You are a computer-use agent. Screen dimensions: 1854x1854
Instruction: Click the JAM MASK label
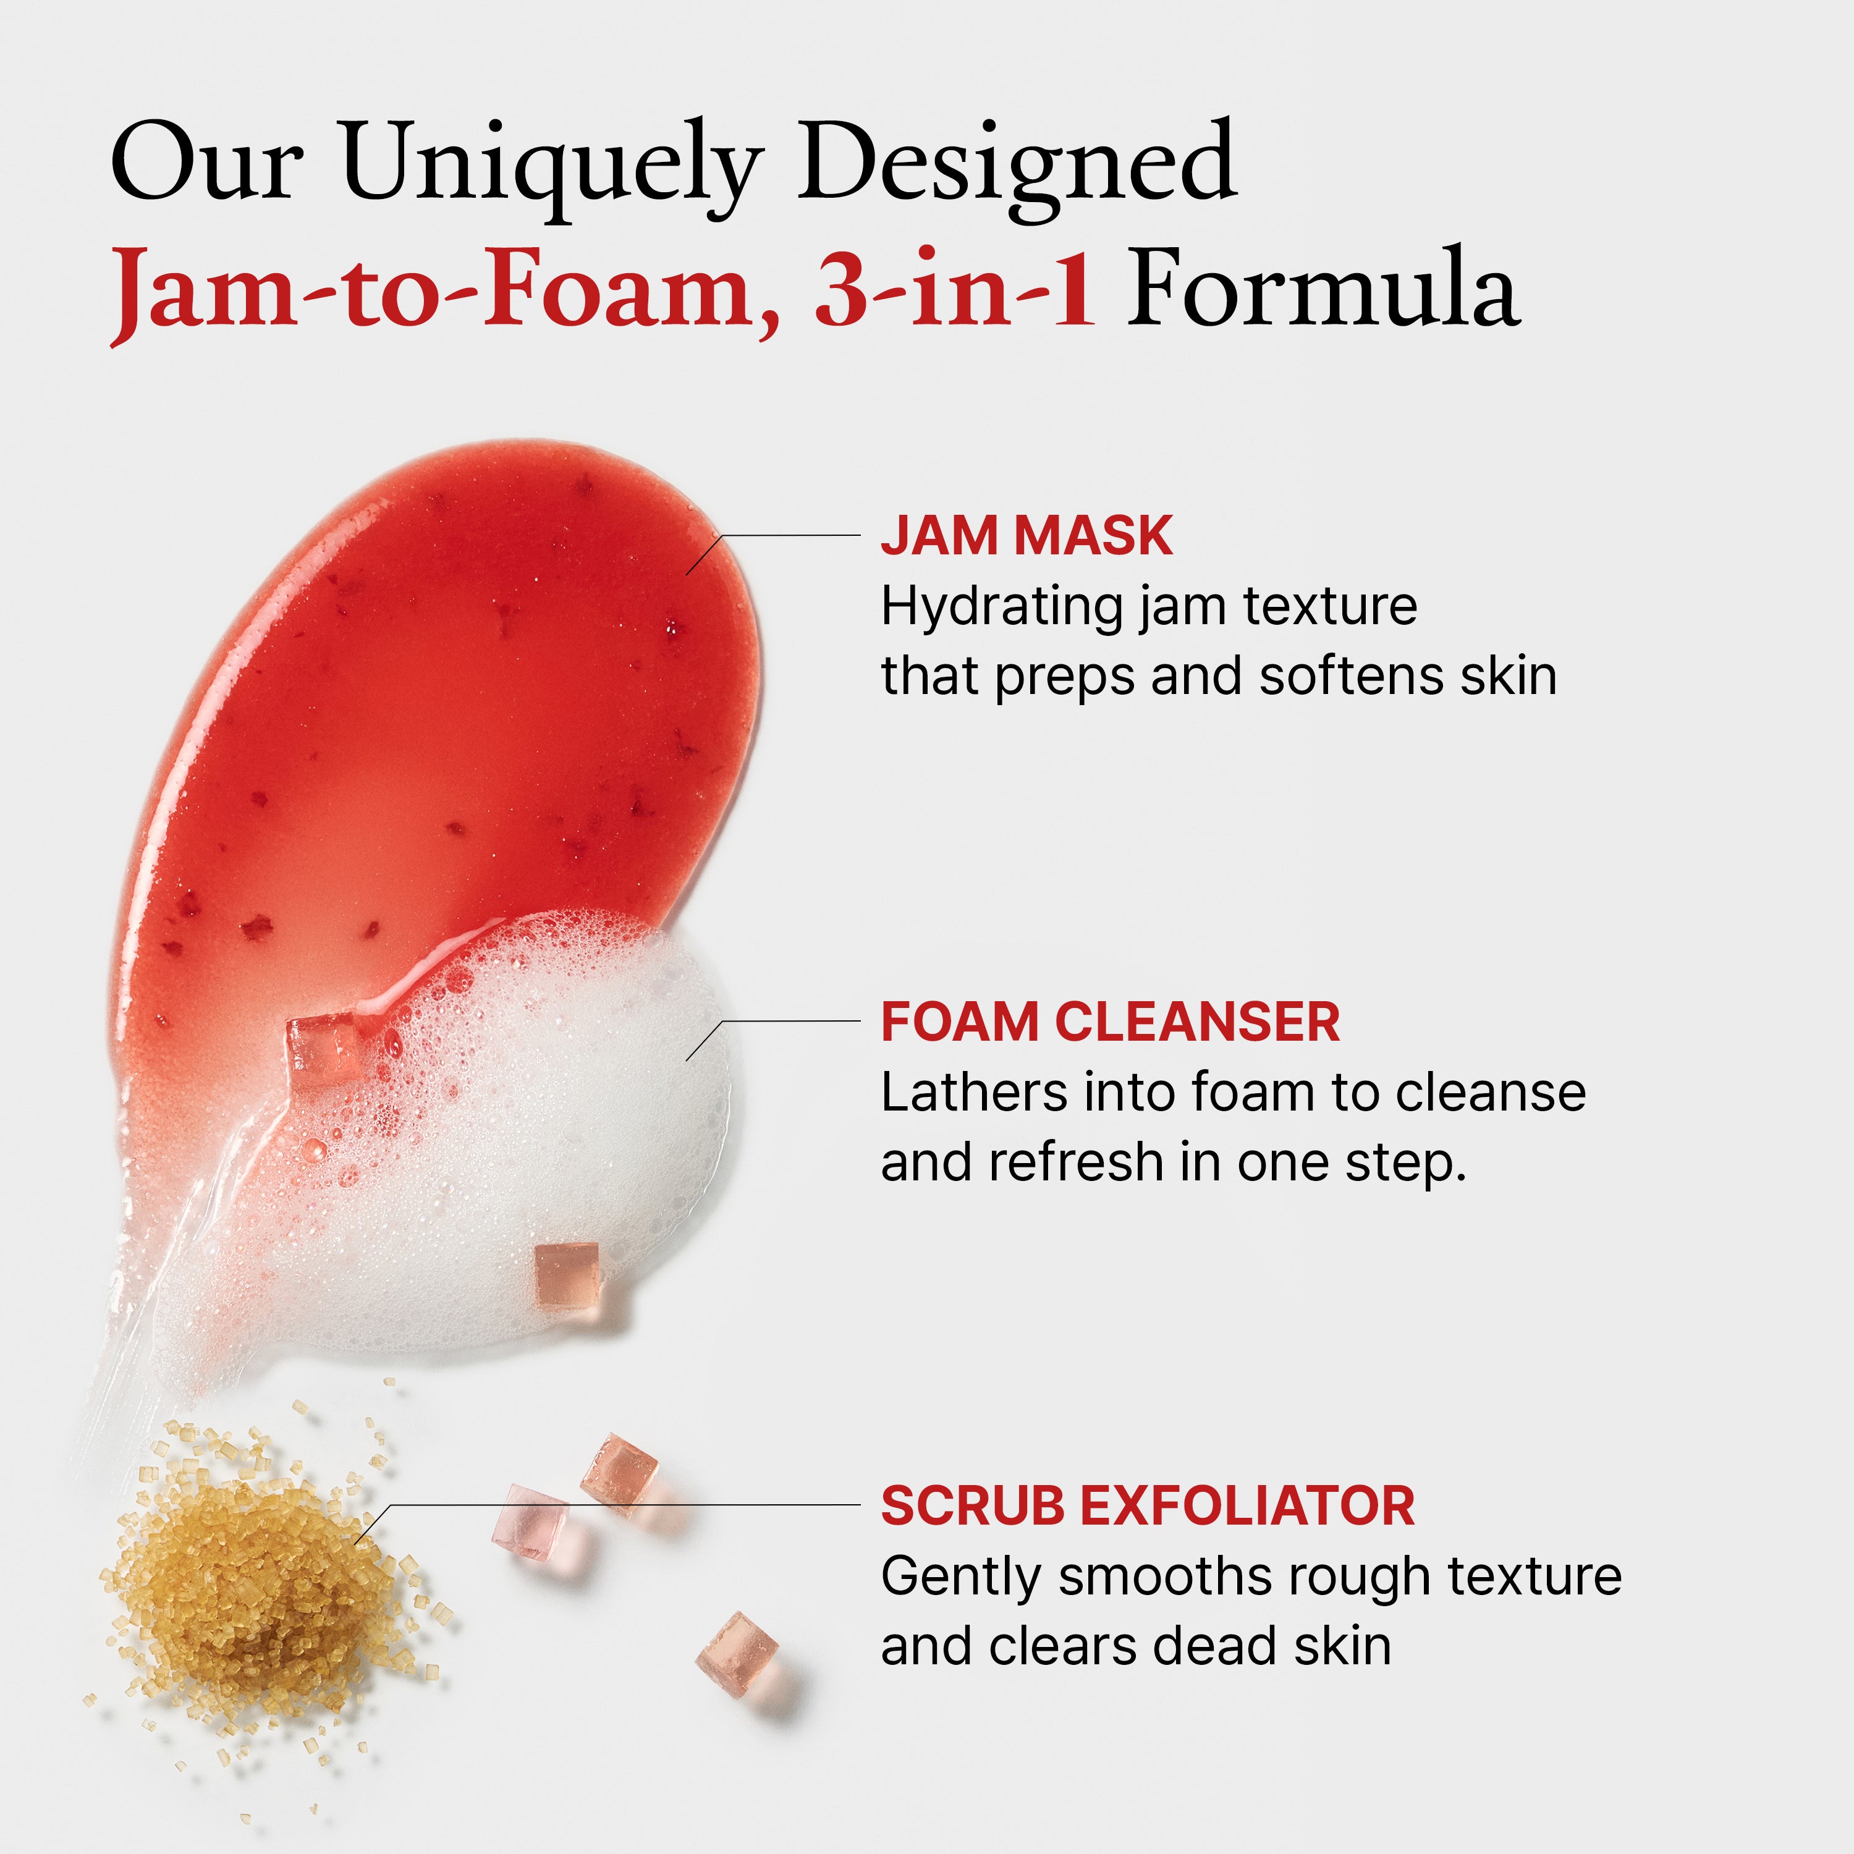coord(1026,535)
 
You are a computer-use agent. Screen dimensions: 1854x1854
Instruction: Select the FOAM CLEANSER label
coord(1111,1022)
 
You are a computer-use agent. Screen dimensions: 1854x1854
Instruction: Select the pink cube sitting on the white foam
coord(566,1274)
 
